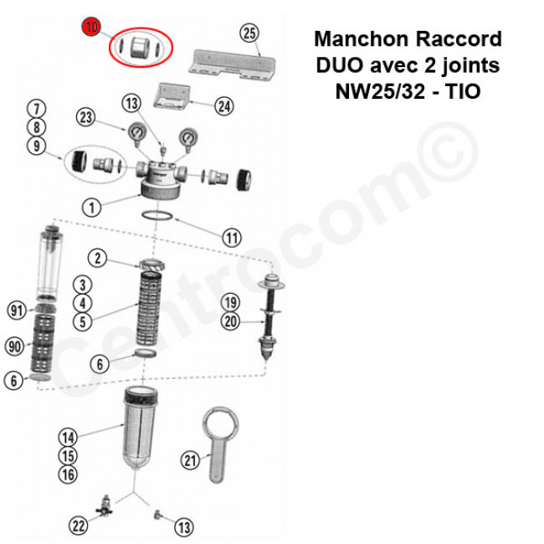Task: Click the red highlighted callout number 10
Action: point(91,28)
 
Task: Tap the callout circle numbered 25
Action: point(249,33)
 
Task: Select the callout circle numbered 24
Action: point(223,106)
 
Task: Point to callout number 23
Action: point(86,117)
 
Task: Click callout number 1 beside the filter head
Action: point(92,205)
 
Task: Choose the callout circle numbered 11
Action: point(232,238)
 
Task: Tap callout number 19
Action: point(231,302)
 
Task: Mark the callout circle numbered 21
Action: point(191,459)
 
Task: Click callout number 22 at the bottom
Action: point(78,526)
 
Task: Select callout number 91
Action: point(16,310)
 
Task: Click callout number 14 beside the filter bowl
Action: point(68,437)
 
